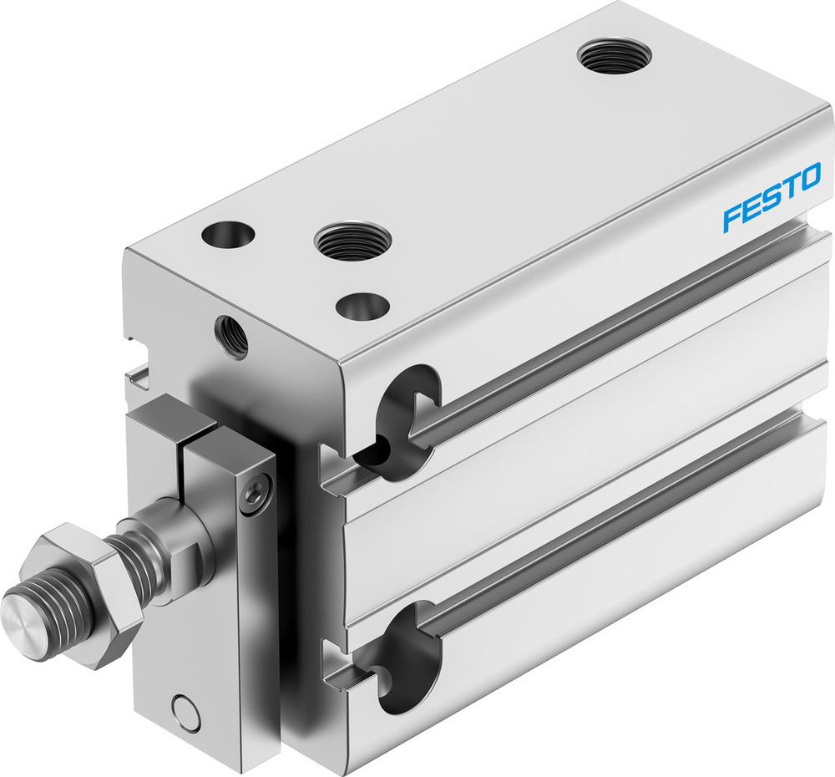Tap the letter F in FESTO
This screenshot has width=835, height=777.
pyautogui.click(x=733, y=216)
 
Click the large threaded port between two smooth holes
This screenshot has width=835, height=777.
pyautogui.click(x=352, y=241)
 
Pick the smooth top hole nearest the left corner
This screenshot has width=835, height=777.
pyautogui.click(x=227, y=235)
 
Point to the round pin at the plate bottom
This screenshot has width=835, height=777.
pyautogui.click(x=185, y=712)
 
